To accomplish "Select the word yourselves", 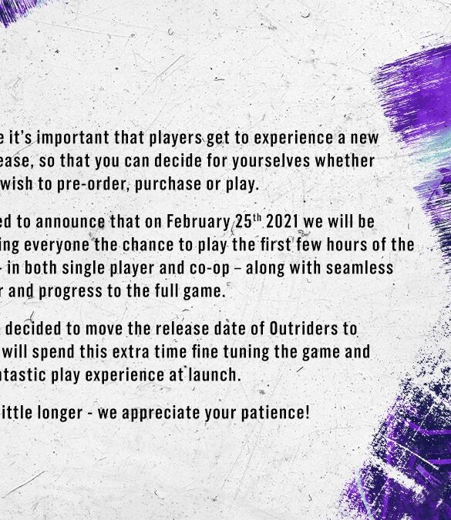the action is tap(271, 161).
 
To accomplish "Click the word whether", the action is tap(345, 161).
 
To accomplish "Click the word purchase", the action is tap(168, 184).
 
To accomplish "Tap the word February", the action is tap(198, 222).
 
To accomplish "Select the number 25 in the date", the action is tap(244, 222).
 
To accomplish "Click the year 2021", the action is tap(282, 222).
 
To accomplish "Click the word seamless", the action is tap(359, 268).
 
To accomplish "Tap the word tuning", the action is tap(246, 352).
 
